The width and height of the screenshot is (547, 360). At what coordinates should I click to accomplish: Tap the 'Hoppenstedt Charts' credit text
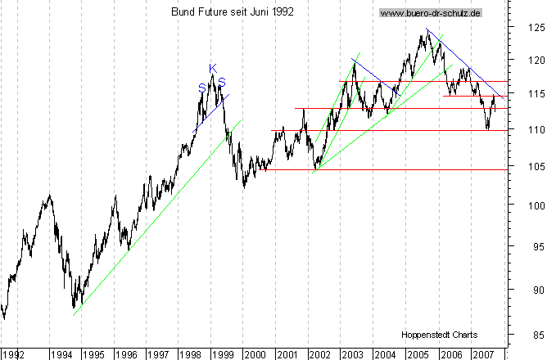click(440, 335)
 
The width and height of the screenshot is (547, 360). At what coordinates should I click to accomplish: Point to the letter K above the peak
click(212, 68)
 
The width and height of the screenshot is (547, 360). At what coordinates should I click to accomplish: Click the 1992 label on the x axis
click(14, 355)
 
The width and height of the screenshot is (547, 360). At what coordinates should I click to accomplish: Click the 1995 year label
click(93, 355)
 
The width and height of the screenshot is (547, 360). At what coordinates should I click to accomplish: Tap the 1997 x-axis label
click(157, 355)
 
